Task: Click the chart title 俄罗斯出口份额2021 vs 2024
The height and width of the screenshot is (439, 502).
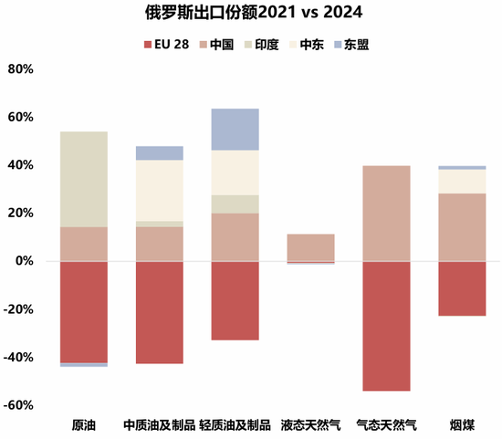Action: point(251,13)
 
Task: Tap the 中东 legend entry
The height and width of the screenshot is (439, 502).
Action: point(314,43)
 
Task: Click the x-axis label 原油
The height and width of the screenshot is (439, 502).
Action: point(84,425)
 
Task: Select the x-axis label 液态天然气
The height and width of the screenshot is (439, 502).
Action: point(310,425)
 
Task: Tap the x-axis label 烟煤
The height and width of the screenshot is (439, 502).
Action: point(462,425)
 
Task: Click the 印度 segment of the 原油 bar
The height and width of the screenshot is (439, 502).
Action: point(84,179)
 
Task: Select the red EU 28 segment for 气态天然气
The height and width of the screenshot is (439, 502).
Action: point(386,326)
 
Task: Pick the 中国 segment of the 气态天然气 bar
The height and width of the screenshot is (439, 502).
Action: point(386,214)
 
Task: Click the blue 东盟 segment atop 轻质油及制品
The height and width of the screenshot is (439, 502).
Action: point(235,130)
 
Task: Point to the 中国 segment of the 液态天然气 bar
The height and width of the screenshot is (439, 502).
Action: point(310,247)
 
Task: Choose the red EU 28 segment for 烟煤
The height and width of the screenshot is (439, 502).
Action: point(462,288)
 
